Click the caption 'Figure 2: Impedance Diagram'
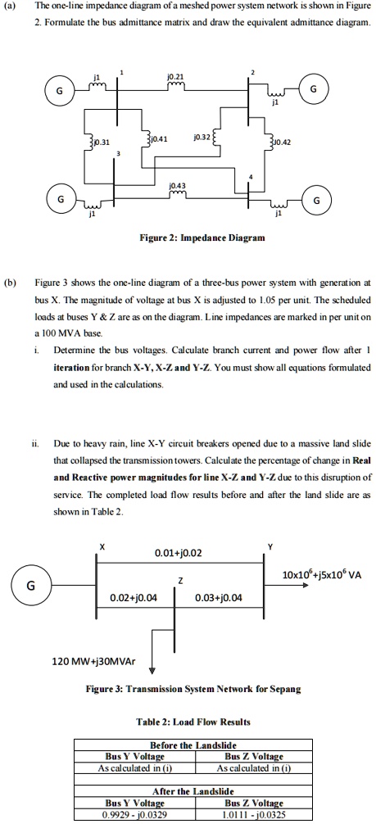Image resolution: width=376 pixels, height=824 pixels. [188, 239]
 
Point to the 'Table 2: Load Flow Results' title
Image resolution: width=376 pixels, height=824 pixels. [188, 722]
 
